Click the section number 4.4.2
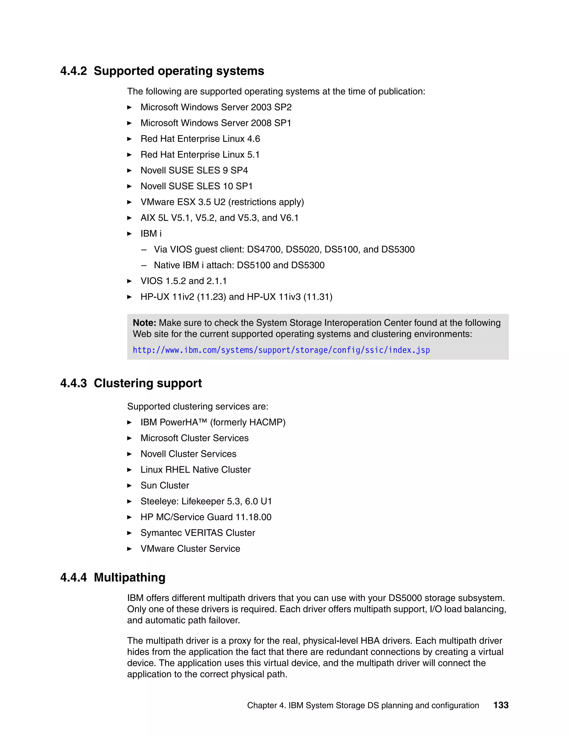coord(73,71)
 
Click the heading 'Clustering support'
coord(148,384)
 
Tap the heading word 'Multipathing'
coord(129,578)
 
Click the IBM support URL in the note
coord(281,350)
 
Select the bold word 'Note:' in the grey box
coord(144,323)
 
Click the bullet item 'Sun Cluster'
coord(164,485)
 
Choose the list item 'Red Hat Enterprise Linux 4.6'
coord(200,139)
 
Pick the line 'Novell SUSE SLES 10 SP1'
coord(196,186)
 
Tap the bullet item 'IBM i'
coord(151,234)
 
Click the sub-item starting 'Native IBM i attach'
coord(239,265)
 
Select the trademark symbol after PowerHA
coord(203,420)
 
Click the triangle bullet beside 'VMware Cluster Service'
coord(129,549)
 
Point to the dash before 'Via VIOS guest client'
coord(144,250)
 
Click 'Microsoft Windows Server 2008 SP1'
coord(216,123)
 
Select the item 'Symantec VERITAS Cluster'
coord(198,533)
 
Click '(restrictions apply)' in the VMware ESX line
coord(266,202)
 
